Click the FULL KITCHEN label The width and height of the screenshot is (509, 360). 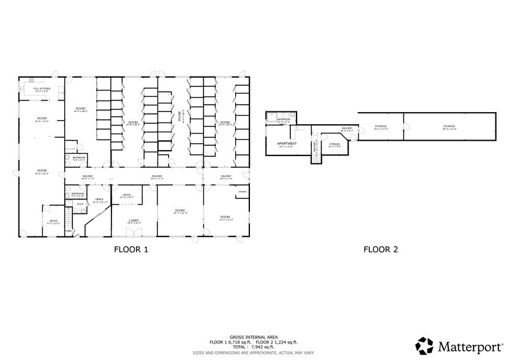(42, 88)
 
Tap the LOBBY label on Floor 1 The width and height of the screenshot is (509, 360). (134, 220)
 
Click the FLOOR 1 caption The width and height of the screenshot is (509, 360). (131, 249)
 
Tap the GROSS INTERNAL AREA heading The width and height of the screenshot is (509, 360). (254, 337)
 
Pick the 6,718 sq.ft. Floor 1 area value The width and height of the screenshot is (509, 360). (238, 342)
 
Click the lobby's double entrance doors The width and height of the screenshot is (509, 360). (134, 233)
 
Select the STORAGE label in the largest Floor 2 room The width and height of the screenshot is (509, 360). (450, 127)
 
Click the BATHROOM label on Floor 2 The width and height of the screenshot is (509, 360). (283, 119)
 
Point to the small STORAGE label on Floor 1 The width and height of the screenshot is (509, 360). (242, 192)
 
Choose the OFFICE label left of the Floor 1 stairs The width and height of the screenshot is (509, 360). (54, 221)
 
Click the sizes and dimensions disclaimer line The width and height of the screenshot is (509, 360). (254, 353)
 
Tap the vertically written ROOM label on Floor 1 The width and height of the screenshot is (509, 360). (179, 117)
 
